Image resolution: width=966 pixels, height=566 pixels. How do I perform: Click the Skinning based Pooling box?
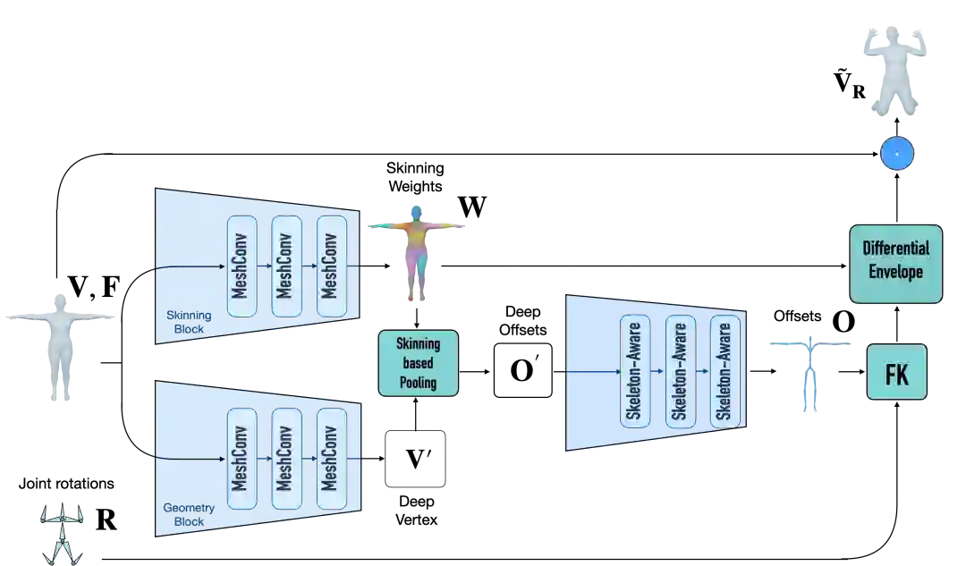click(x=419, y=363)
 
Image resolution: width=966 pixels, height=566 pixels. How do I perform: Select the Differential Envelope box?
click(x=895, y=260)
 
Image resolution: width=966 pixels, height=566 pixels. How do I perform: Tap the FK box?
click(x=897, y=372)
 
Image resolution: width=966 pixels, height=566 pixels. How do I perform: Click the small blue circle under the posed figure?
click(x=896, y=155)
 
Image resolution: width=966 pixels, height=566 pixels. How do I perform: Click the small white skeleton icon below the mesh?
click(x=61, y=535)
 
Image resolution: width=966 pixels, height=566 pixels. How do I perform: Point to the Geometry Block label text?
click(x=183, y=514)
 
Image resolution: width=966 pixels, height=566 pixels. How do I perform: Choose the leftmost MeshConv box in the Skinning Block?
click(x=241, y=266)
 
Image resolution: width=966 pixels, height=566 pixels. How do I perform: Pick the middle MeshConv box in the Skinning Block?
click(x=286, y=266)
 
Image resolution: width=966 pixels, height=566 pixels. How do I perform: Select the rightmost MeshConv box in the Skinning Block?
click(x=331, y=266)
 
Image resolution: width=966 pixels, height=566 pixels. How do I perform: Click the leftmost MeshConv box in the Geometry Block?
click(x=241, y=458)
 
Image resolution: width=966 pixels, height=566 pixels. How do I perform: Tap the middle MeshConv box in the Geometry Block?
click(x=286, y=458)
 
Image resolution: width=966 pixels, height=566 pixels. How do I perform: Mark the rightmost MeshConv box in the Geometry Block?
click(x=331, y=458)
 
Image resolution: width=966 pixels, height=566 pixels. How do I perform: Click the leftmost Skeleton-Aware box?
click(x=635, y=370)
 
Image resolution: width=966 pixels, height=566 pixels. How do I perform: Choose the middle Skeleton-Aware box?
click(x=680, y=370)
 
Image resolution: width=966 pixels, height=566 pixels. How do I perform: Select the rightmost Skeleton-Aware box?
click(x=724, y=370)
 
